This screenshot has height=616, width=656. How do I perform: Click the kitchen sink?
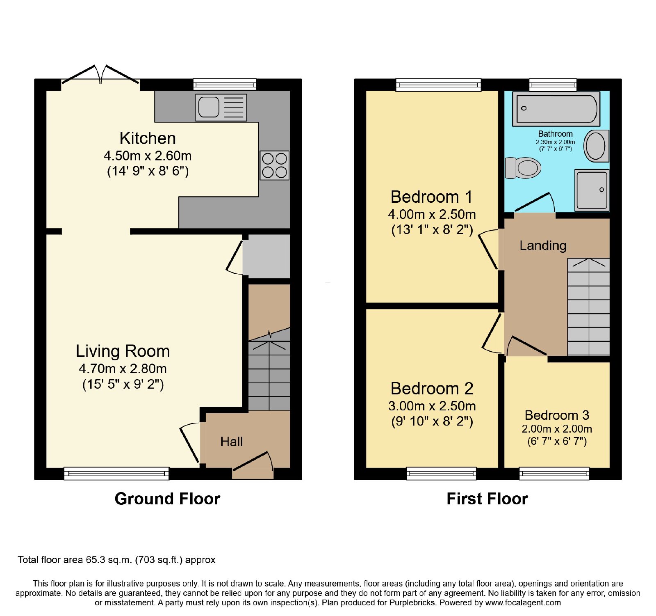click(x=221, y=108)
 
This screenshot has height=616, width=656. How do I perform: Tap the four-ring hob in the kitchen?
click(x=275, y=165)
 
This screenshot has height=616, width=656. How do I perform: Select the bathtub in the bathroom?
click(x=556, y=109)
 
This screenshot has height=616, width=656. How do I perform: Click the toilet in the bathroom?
click(x=523, y=168)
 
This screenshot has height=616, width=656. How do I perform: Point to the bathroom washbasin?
click(x=596, y=146)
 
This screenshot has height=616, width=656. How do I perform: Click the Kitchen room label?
click(x=148, y=138)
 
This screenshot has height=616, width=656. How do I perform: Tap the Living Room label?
click(x=123, y=351)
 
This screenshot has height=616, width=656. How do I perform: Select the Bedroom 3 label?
click(x=557, y=415)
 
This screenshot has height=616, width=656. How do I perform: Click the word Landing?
click(x=543, y=245)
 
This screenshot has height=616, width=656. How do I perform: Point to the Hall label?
click(x=231, y=442)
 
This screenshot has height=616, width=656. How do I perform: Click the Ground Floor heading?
click(x=167, y=499)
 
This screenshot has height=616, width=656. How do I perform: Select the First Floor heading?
click(x=487, y=499)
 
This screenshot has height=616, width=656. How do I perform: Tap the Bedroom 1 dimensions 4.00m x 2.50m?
click(x=432, y=214)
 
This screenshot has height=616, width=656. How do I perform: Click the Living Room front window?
click(x=116, y=474)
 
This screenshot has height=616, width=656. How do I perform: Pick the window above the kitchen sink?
click(x=225, y=85)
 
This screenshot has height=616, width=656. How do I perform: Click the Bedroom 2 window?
click(x=442, y=474)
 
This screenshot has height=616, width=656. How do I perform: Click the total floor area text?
click(x=116, y=560)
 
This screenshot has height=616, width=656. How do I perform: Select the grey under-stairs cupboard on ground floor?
click(x=266, y=256)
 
